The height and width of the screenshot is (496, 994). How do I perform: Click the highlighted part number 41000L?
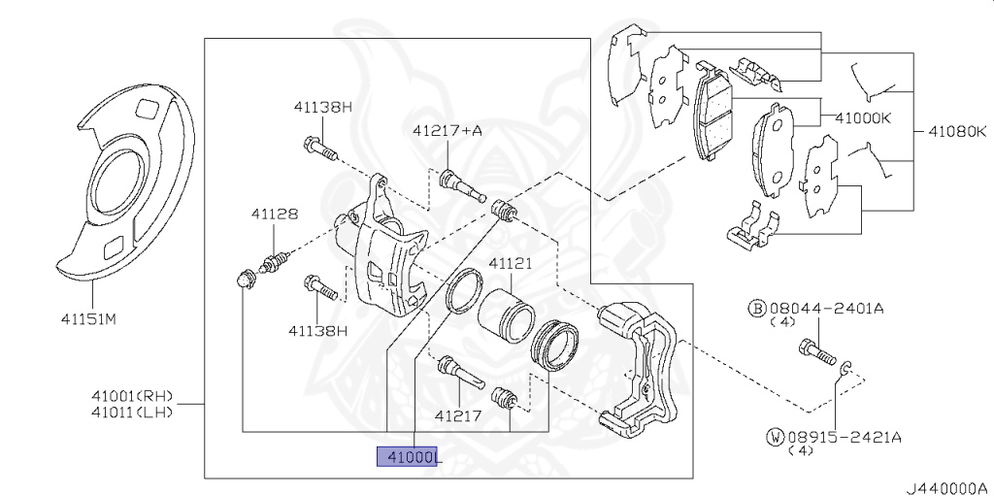pos(409,456)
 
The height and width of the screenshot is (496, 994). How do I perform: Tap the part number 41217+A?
pos(447,129)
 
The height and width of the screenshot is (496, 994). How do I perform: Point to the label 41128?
pos(275,214)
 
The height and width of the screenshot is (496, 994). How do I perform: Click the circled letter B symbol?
pos(755,309)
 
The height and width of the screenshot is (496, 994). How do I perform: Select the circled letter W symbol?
pos(775,438)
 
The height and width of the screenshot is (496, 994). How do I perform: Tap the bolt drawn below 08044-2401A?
pos(816,350)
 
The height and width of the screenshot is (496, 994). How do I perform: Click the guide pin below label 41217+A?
pos(461,184)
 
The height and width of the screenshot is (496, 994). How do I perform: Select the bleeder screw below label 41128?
pos(276,260)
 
